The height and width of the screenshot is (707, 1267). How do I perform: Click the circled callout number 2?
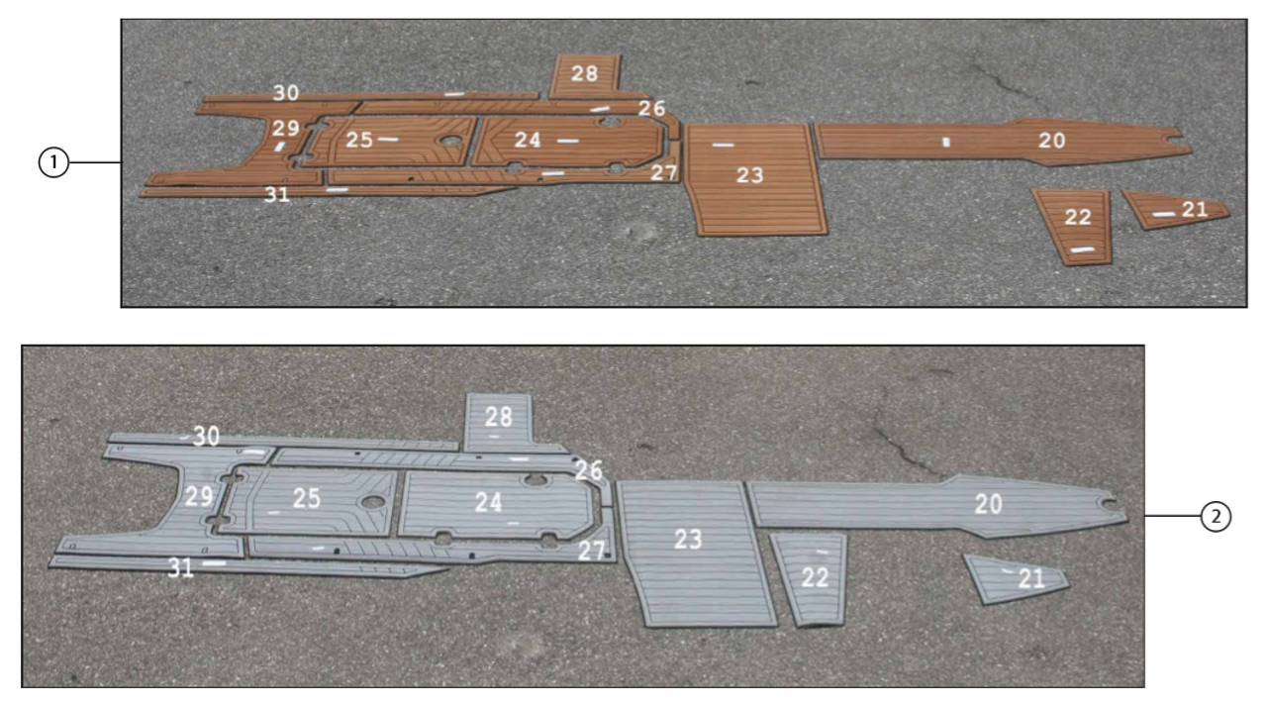click(x=1217, y=516)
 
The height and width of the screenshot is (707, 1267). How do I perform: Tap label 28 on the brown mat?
click(x=584, y=73)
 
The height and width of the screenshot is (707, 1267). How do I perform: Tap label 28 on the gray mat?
click(x=499, y=417)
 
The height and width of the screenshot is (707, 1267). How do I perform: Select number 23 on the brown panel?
click(x=750, y=175)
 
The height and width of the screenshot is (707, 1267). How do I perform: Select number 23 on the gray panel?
click(x=688, y=539)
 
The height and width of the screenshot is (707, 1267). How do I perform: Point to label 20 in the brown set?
click(x=1052, y=141)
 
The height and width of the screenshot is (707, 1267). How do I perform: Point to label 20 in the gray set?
click(x=988, y=504)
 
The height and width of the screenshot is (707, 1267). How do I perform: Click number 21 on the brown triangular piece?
click(x=1195, y=209)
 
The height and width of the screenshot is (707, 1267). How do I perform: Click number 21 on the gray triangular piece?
click(x=1031, y=579)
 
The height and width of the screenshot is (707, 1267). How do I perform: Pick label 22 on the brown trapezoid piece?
click(x=1078, y=217)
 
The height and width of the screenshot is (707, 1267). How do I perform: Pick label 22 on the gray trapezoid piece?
click(x=815, y=578)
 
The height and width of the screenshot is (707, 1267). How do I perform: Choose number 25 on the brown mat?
click(x=359, y=141)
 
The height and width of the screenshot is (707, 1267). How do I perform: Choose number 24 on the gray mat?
click(x=488, y=502)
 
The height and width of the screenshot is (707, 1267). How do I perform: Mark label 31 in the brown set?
click(x=277, y=195)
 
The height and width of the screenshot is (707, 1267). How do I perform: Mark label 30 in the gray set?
click(x=206, y=436)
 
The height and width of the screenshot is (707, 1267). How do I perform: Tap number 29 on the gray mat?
click(x=199, y=496)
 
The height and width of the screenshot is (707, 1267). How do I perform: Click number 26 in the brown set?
click(x=651, y=108)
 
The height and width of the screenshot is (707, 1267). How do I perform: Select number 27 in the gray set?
click(x=591, y=552)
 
